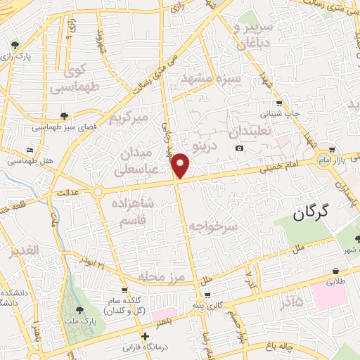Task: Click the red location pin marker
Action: coord(181,165)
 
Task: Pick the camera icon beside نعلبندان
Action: coord(240,148)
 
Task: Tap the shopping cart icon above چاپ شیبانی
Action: coord(280,103)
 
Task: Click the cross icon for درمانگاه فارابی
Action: coord(145,336)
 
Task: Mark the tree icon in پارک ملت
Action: coord(77,308)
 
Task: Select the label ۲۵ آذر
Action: coord(291,302)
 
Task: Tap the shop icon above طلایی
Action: coord(336,271)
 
